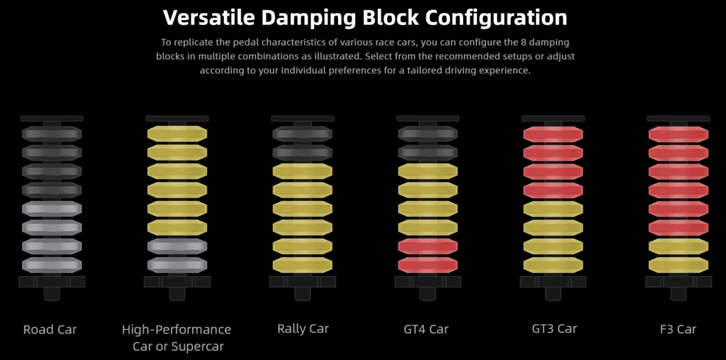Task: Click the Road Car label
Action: point(50,330)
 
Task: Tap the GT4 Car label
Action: point(426,330)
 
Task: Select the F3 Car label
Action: point(678,330)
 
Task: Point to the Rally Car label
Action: point(303,329)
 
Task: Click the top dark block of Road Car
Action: point(52,134)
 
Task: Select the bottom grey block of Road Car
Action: point(52,265)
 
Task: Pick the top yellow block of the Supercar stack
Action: point(177,134)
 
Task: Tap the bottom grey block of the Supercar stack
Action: point(177,265)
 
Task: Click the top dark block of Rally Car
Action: point(303,134)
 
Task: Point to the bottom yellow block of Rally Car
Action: point(303,265)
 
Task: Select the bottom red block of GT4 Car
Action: point(428,265)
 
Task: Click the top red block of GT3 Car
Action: point(553,134)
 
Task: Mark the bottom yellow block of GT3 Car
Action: point(553,265)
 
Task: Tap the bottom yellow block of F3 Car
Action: point(678,265)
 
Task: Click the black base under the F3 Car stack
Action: point(678,287)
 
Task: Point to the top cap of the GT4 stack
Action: point(428,119)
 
